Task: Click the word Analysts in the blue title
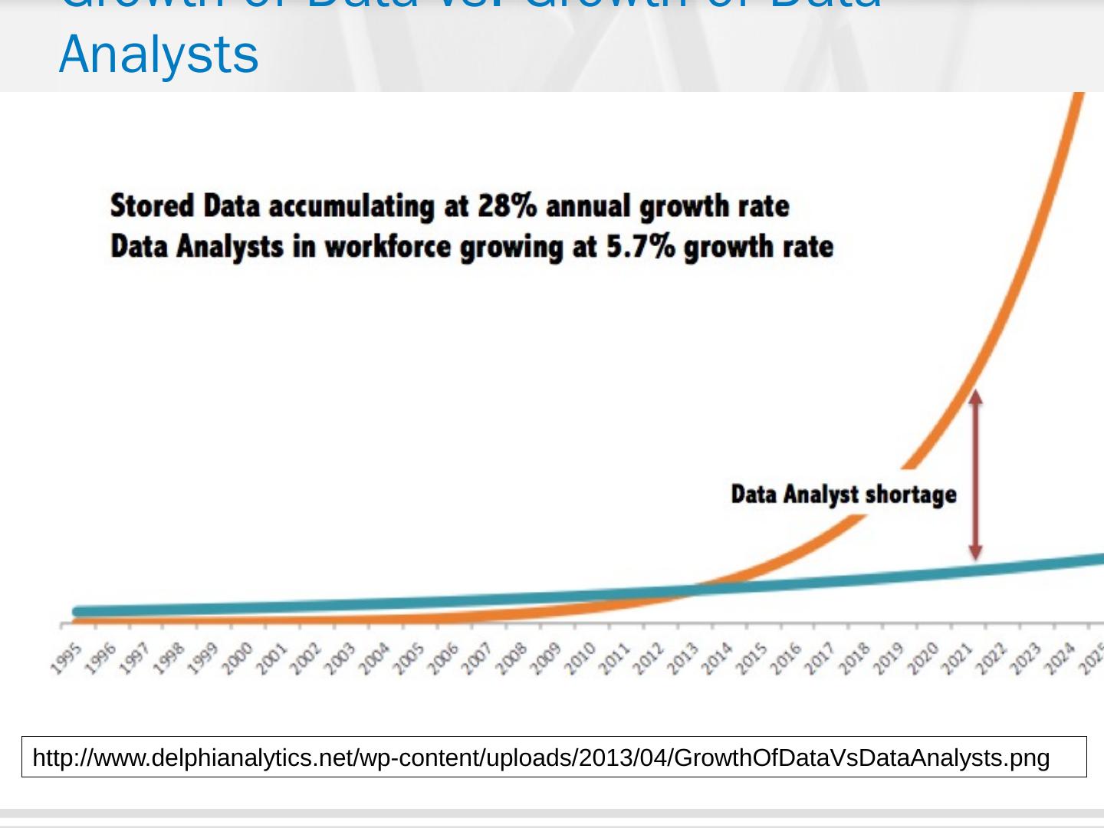pyautogui.click(x=159, y=54)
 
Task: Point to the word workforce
pyautogui.click(x=387, y=247)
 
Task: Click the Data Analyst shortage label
pyautogui.click(x=843, y=494)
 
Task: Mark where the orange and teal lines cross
pyautogui.click(x=691, y=590)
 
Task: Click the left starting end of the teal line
pyautogui.click(x=77, y=612)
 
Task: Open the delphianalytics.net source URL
pyautogui.click(x=540, y=757)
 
